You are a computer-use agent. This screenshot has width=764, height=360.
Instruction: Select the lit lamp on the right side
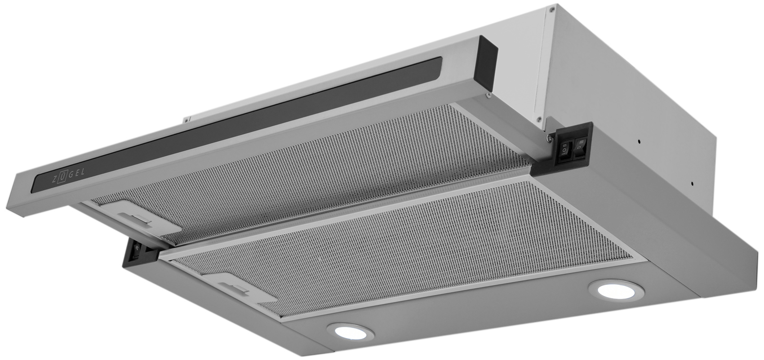(x=616, y=290)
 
